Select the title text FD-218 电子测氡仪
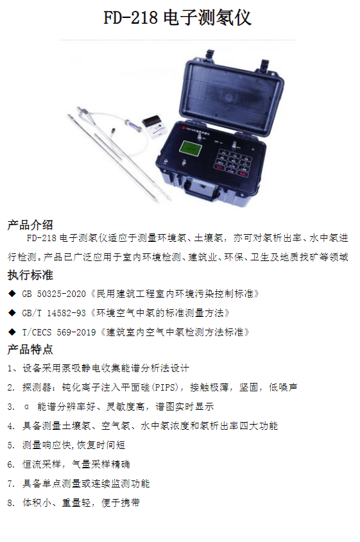177,17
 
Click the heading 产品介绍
30,225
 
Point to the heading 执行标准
30,275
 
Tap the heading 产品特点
30,349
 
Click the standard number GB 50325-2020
54,294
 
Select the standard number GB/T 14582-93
54,313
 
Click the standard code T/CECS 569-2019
59,332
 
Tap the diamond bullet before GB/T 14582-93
12,313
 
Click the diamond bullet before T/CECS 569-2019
12,332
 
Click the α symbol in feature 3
26,407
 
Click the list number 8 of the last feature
10,503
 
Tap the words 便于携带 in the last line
121,503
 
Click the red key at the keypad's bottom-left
219,167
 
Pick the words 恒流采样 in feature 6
42,464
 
